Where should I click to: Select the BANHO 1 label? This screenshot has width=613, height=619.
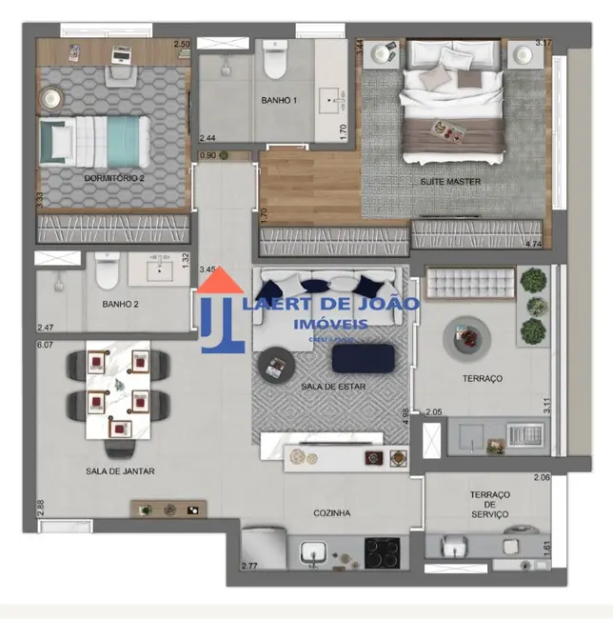[279, 100]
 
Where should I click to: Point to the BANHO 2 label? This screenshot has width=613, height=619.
[121, 305]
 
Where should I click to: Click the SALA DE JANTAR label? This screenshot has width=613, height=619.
[120, 470]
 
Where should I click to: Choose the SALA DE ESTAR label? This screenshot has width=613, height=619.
[333, 387]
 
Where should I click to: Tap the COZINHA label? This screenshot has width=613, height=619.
[332, 513]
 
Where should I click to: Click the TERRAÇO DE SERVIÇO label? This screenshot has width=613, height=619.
[489, 504]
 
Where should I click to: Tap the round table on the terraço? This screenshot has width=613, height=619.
[466, 337]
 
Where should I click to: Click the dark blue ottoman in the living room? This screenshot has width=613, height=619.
[363, 358]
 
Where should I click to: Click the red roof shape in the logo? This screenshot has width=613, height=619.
[221, 283]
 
